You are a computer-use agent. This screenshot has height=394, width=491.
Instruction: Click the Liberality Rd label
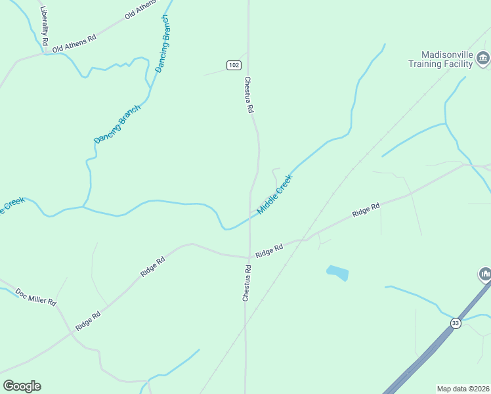44,26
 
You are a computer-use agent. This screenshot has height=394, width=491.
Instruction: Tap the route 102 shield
234,65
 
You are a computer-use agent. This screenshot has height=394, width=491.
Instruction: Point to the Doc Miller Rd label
36,297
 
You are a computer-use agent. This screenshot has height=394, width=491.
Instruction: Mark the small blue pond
337,273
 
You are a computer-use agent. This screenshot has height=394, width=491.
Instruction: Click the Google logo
22,386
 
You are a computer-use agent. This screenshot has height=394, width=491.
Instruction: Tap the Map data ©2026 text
463,389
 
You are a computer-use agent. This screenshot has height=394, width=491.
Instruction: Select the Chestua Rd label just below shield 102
249,96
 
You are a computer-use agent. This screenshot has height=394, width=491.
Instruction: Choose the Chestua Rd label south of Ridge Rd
247,283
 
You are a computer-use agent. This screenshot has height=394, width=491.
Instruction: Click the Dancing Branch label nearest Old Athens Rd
163,43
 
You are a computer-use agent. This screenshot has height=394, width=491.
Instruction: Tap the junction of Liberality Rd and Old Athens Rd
46,53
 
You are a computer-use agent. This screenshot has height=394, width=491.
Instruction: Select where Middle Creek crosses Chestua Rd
249,217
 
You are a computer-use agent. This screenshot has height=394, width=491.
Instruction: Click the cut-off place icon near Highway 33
485,273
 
